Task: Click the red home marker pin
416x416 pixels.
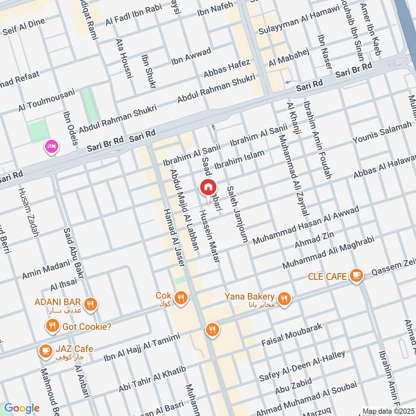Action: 208,187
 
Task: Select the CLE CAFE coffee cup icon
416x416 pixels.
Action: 356,276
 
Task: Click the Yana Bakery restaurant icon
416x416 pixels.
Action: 284,298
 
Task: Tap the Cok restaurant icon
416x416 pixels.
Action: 180,298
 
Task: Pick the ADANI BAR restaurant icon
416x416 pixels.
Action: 91,305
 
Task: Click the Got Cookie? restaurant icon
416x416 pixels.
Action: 51,327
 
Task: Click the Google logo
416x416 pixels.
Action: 21,408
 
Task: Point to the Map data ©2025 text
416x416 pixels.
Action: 387,411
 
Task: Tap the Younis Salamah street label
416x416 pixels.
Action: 382,134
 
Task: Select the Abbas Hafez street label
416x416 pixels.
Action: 227,68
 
